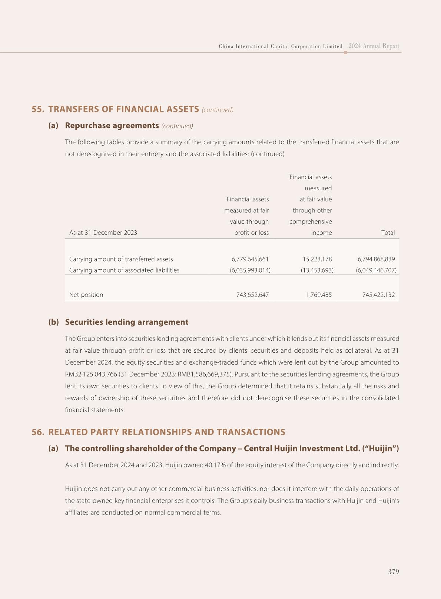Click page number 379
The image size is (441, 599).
pos(394,572)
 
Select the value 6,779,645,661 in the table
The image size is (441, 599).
pos(250,259)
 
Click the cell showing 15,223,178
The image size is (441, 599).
pos(317,259)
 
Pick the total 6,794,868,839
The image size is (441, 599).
pos(376,259)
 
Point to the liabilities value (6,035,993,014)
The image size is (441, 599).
pos(250,270)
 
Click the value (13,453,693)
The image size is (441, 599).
pos(317,270)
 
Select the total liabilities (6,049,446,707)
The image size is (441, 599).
pos(376,270)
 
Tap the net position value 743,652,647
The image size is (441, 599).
pos(253,295)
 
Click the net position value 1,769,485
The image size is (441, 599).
pos(319,295)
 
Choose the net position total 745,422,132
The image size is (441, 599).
pos(379,295)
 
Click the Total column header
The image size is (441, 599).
pos(388,233)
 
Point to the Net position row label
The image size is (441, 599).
pos(86,295)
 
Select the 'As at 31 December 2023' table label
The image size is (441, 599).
pos(103,233)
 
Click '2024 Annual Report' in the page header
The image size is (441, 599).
pos(374,46)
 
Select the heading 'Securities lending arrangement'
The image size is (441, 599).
pos(127,322)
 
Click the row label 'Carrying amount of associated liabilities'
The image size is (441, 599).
pos(124,270)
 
